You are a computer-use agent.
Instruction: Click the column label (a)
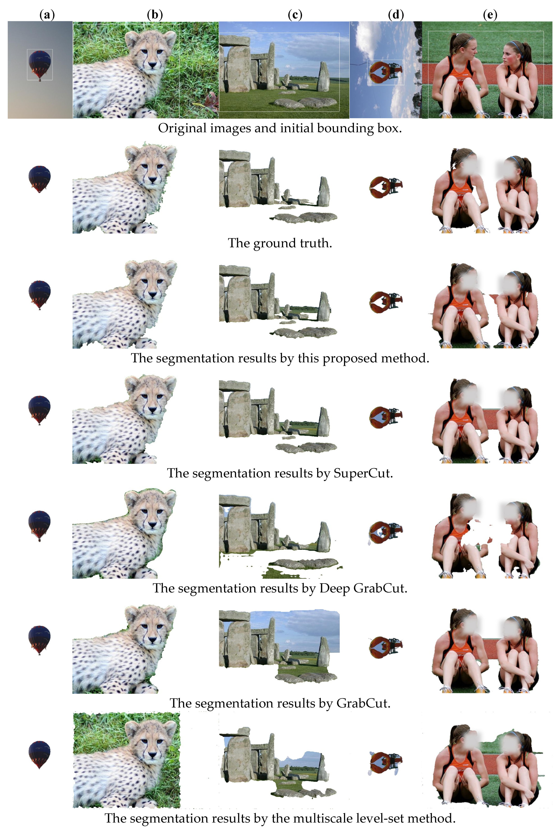(x=47, y=15)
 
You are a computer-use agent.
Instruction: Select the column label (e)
(x=490, y=15)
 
